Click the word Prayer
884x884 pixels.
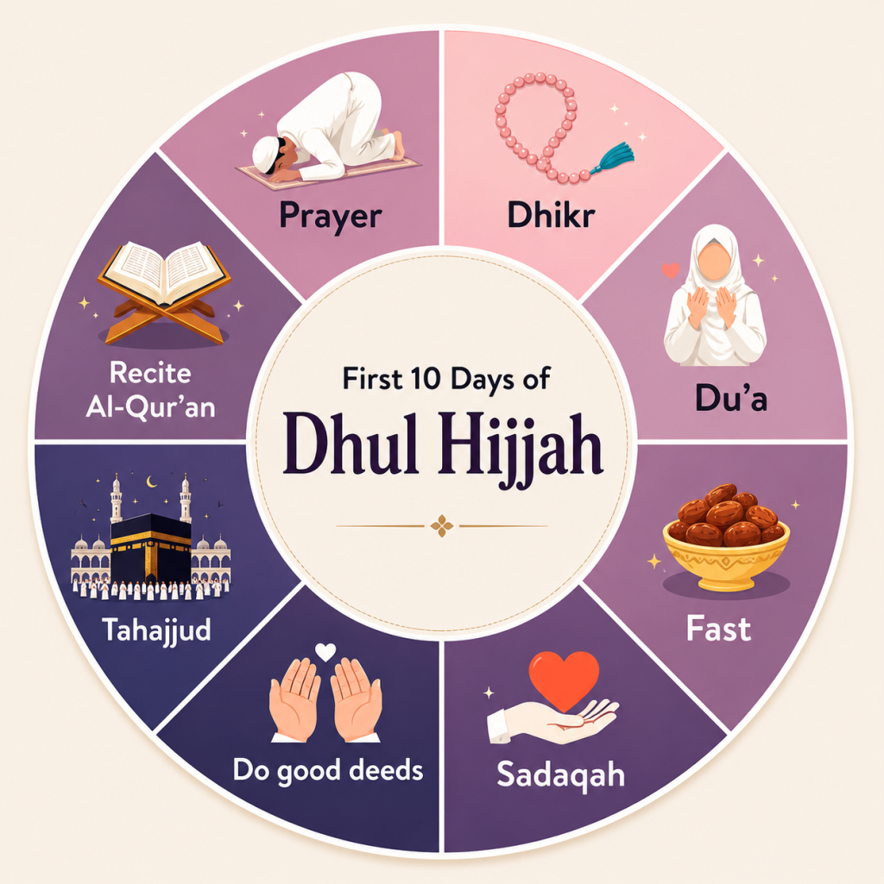click(x=331, y=217)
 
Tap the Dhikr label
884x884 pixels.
click(x=551, y=215)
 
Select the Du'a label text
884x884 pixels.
click(x=730, y=397)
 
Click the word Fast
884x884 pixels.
click(x=718, y=628)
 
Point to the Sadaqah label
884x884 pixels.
click(x=560, y=774)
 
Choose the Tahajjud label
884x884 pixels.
click(x=156, y=629)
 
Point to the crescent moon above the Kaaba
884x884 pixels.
click(x=151, y=481)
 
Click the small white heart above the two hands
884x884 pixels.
click(x=325, y=652)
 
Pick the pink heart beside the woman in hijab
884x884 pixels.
click(x=670, y=270)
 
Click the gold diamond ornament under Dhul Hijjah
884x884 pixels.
click(x=441, y=526)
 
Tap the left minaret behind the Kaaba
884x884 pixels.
click(x=117, y=498)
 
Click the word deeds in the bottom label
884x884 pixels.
click(x=386, y=770)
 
